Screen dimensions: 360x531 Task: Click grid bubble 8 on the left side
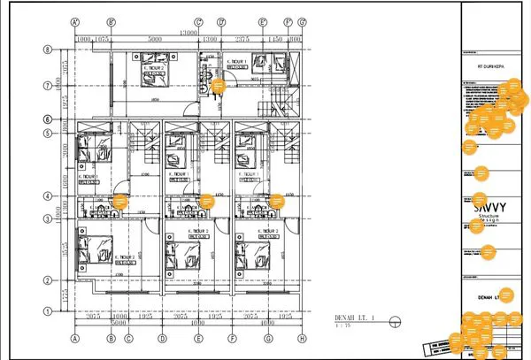pyautogui.click(x=48, y=50)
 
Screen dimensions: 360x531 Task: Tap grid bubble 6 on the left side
pyautogui.click(x=48, y=119)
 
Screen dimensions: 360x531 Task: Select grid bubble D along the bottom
pyautogui.click(x=162, y=338)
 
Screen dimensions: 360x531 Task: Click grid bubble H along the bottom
pyautogui.click(x=302, y=338)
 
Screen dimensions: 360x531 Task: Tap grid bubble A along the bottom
pyautogui.click(x=75, y=338)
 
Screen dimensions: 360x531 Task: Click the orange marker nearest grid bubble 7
pyautogui.click(x=218, y=85)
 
